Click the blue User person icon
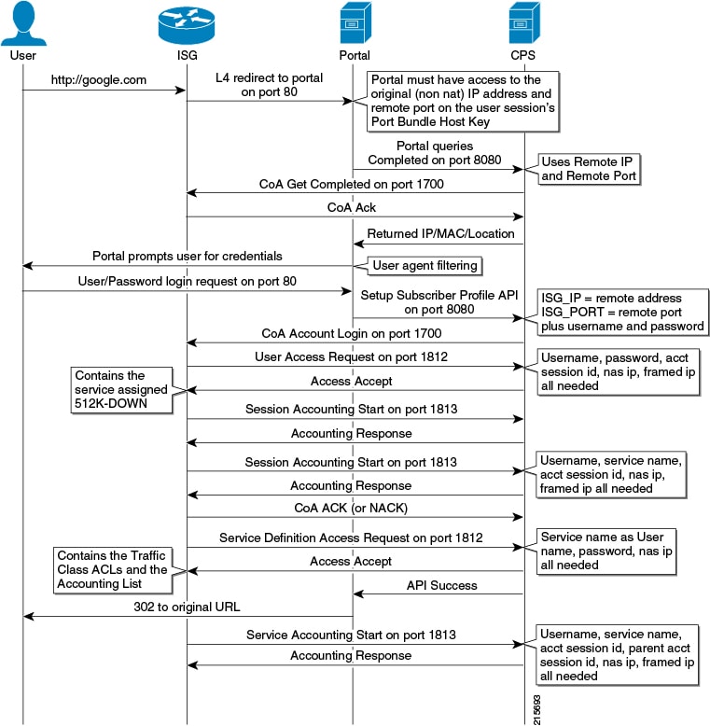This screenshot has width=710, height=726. click(23, 23)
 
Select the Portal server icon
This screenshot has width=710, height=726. click(355, 23)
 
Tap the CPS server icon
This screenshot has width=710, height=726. click(524, 23)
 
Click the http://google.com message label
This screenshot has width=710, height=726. click(99, 80)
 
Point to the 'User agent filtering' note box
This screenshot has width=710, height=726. click(425, 266)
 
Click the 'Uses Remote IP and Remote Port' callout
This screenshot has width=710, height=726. click(589, 169)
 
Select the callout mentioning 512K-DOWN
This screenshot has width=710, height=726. click(121, 390)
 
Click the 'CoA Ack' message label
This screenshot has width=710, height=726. click(352, 207)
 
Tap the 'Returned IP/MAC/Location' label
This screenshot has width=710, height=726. click(440, 233)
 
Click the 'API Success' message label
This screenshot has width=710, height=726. click(441, 585)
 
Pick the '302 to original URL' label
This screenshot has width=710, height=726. click(187, 607)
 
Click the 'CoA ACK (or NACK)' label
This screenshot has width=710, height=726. click(351, 508)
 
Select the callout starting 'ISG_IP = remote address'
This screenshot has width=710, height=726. click(622, 312)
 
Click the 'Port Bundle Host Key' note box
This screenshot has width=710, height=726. click(463, 101)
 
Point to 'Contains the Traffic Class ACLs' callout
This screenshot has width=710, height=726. click(113, 570)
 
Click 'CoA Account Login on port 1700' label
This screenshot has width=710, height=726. click(352, 333)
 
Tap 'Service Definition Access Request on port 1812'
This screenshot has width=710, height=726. click(351, 538)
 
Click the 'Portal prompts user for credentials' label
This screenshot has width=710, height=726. click(187, 256)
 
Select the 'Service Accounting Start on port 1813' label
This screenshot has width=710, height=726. click(351, 635)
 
